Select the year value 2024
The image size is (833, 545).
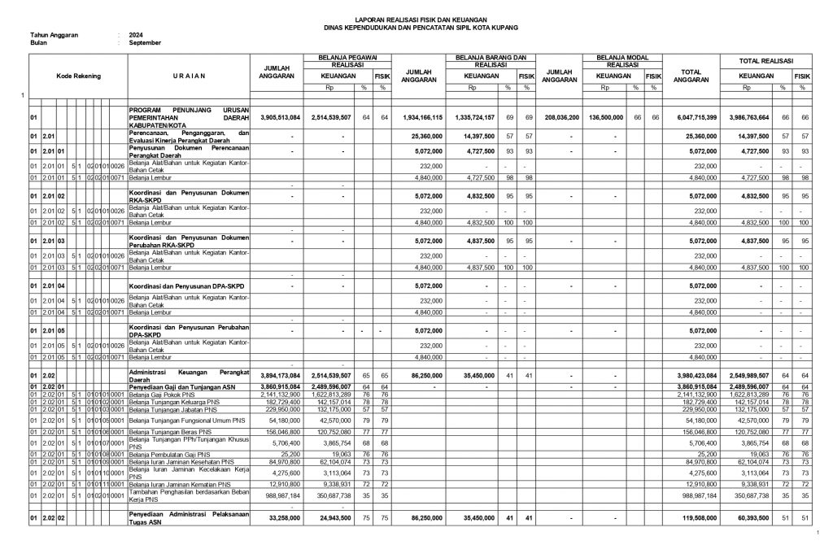click(x=136, y=36)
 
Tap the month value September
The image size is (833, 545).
click(x=145, y=42)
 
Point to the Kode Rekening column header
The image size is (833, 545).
click(x=78, y=76)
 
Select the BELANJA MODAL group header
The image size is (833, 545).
click(x=621, y=57)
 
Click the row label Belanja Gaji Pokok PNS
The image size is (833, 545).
click(x=165, y=394)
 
